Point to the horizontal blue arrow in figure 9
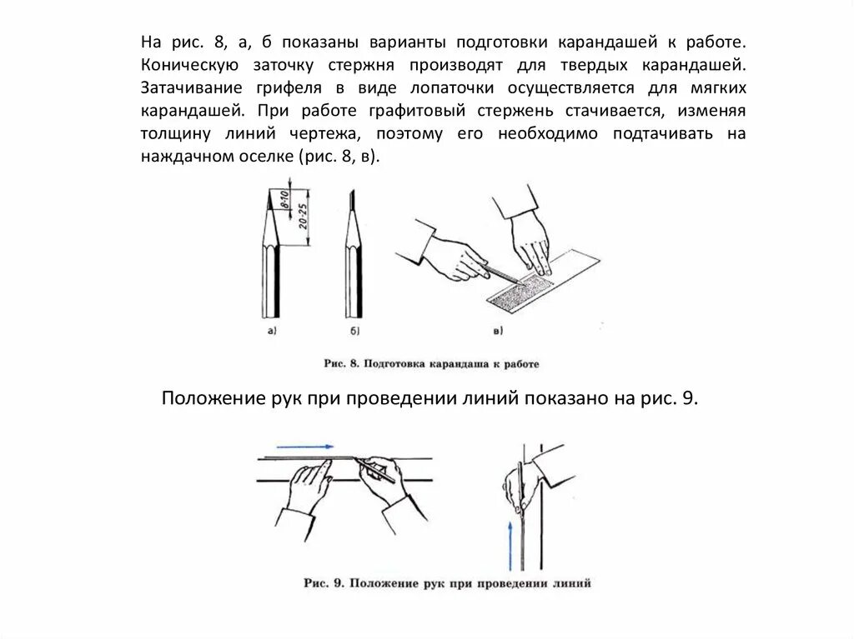click(305, 447)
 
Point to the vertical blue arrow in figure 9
click(510, 546)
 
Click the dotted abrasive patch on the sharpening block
click(519, 292)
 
